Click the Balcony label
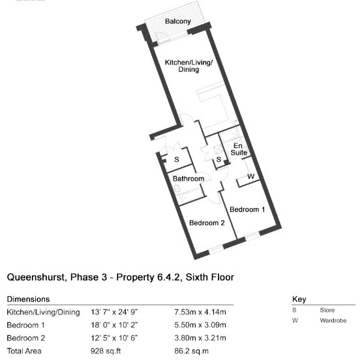(178, 22)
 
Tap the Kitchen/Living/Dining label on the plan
(189, 66)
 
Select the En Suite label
(239, 149)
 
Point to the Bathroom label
(189, 179)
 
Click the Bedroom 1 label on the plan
(247, 209)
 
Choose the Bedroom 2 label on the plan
(207, 223)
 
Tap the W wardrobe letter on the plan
(251, 177)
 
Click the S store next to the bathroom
(177, 160)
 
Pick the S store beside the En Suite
(219, 159)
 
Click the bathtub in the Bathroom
(191, 196)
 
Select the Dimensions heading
(28, 299)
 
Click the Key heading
(299, 299)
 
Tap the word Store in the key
(327, 310)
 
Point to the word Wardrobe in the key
(333, 320)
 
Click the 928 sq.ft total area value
(106, 351)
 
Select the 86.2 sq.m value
(191, 351)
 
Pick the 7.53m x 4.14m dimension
(200, 312)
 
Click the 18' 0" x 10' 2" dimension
(114, 325)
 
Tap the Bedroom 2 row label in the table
(26, 338)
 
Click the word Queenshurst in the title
(37, 277)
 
